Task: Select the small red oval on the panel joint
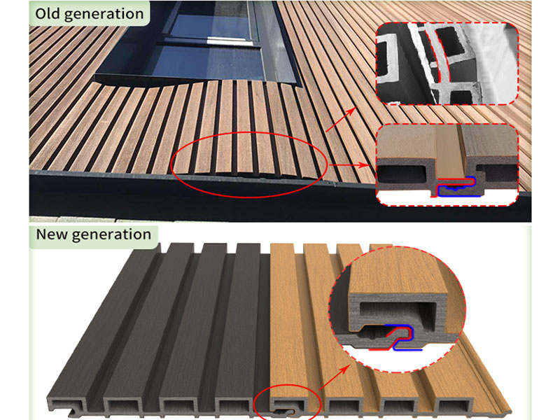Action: (x=286, y=404)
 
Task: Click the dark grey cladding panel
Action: (x=154, y=329)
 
